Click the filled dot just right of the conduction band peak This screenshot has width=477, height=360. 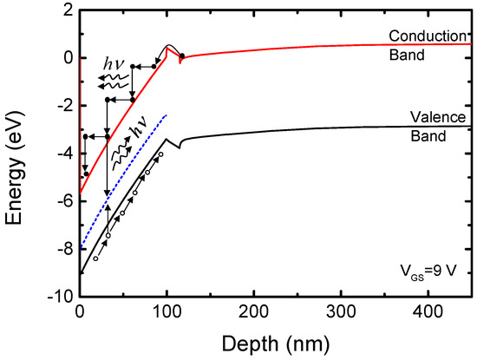[x=180, y=56]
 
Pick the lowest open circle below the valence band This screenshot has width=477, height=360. [x=95, y=259]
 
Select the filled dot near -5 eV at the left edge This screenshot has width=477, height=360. [x=85, y=174]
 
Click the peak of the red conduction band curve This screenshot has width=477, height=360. [x=168, y=46]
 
